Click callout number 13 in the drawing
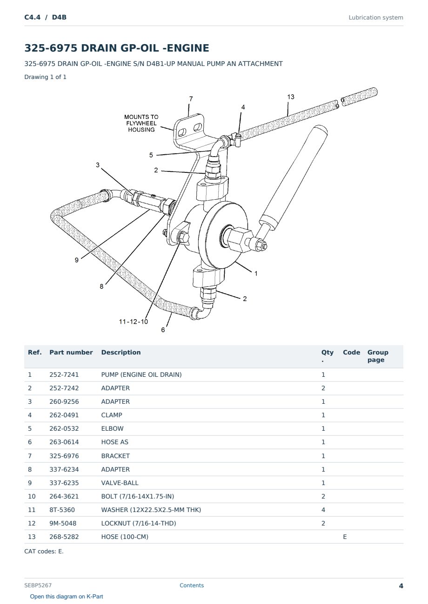tap(291, 97)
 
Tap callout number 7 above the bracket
tap(191, 99)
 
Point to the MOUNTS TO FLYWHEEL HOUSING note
tap(141, 123)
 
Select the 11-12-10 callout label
tap(134, 322)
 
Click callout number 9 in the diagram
tap(77, 260)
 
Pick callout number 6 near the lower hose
tap(163, 330)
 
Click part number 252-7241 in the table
tap(64, 374)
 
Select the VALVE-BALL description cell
tap(120, 483)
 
